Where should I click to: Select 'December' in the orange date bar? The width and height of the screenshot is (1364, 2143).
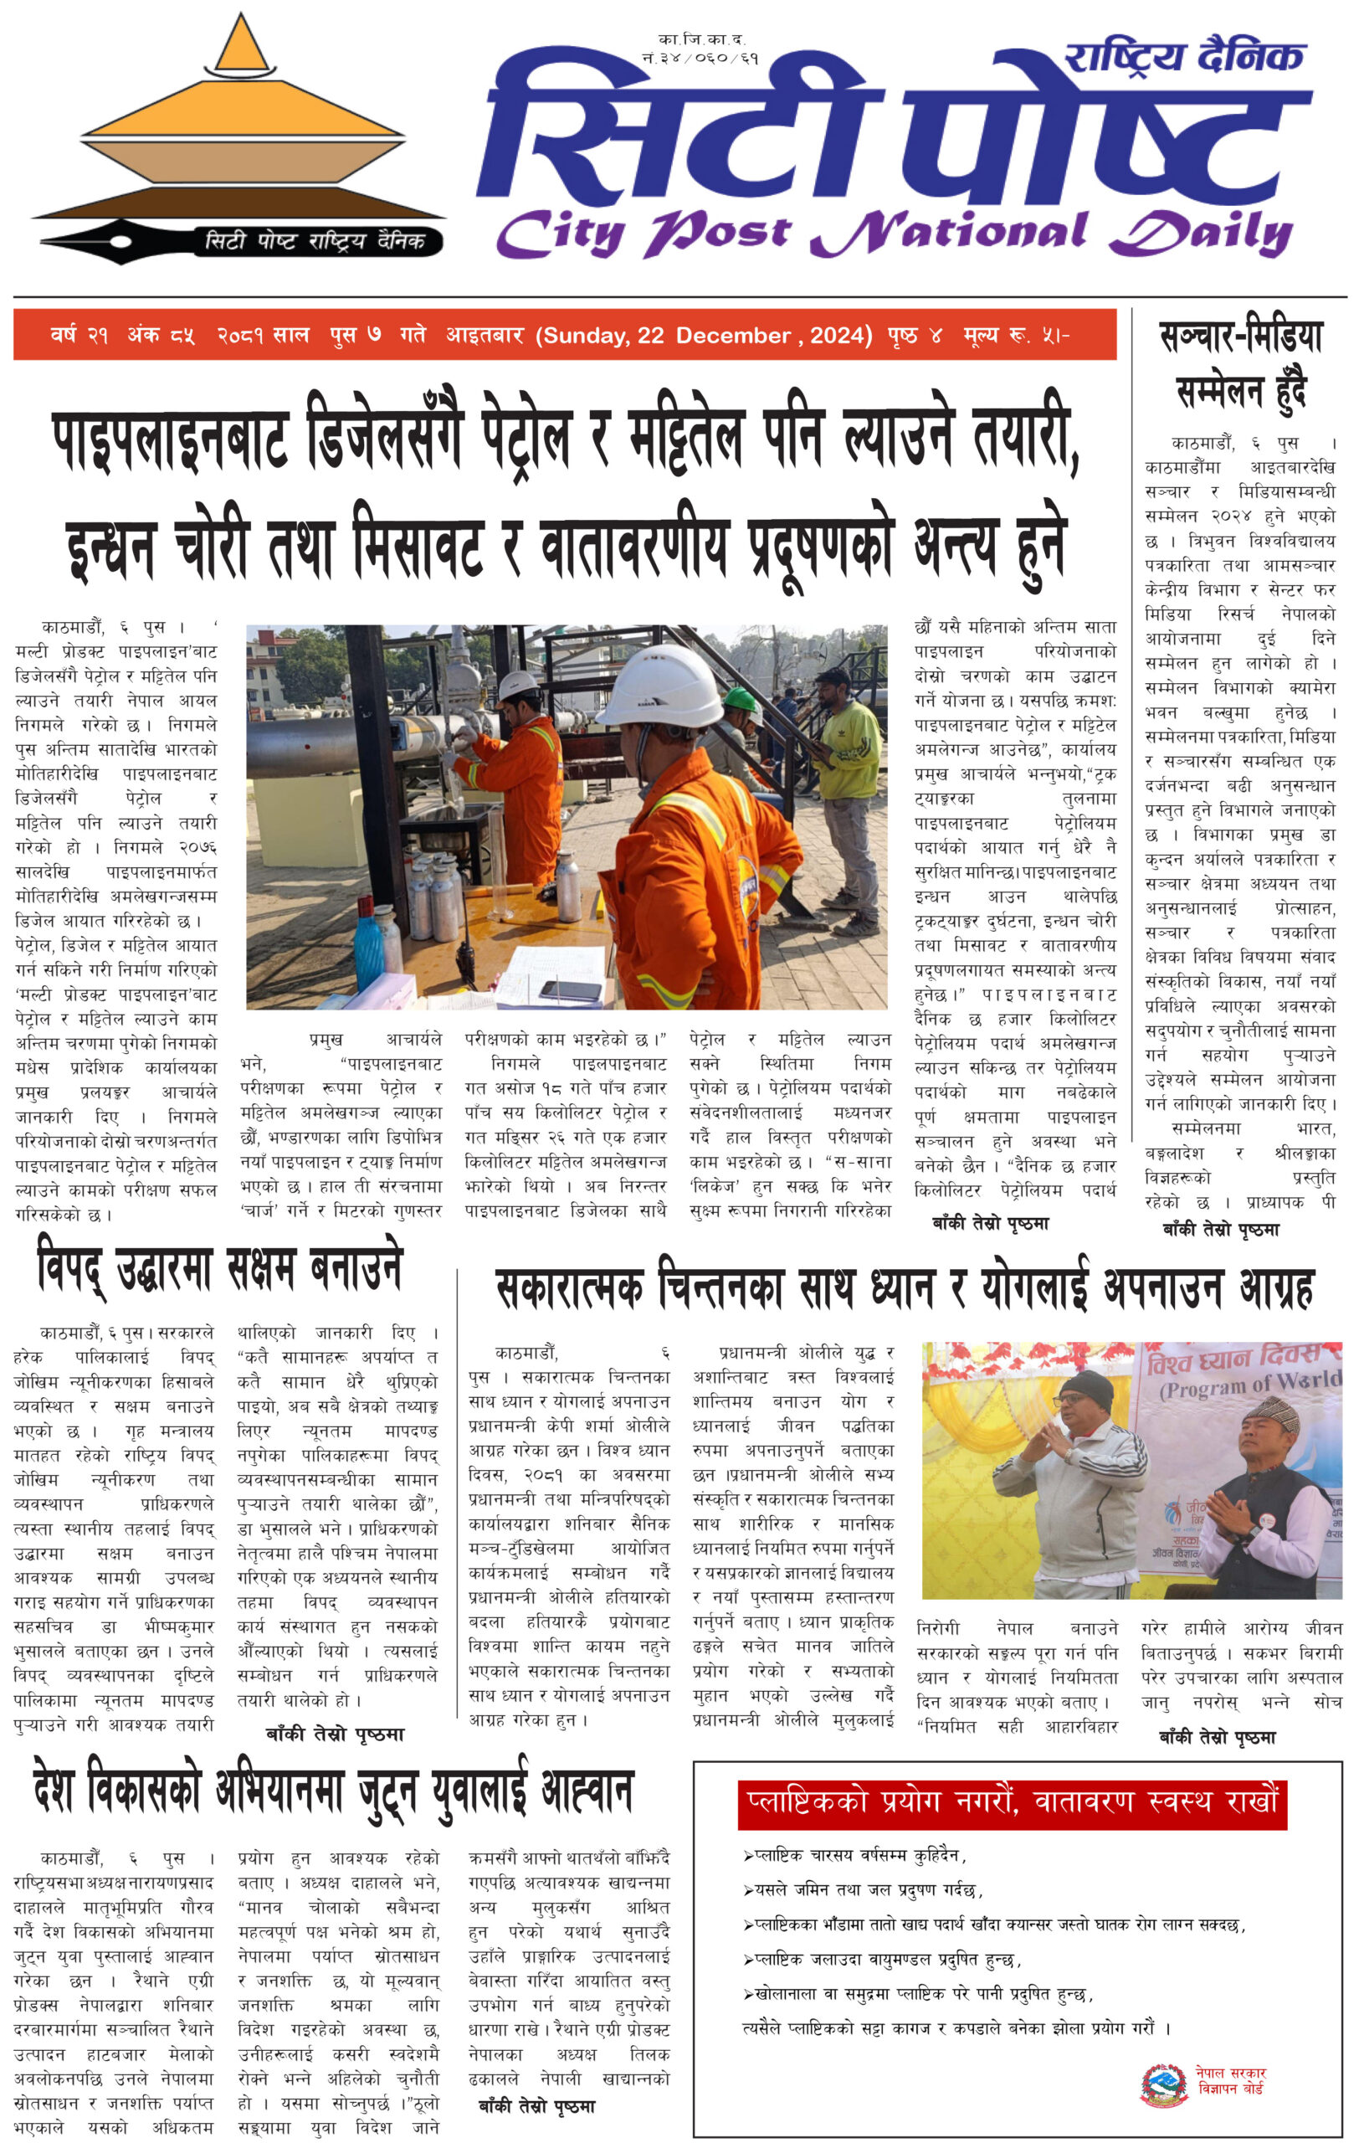732,336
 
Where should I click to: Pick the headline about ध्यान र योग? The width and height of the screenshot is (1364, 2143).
903,1287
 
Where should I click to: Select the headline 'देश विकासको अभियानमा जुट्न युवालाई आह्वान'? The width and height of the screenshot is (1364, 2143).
332,1791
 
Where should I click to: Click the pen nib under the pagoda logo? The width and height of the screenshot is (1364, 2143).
89,241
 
